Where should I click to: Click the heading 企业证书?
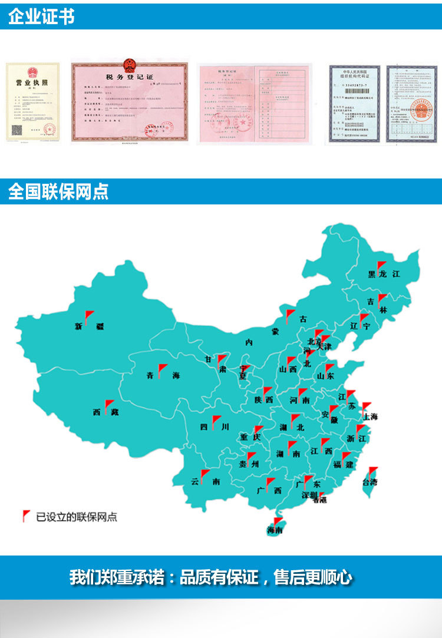[x=41, y=16]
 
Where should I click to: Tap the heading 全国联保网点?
[x=58, y=192]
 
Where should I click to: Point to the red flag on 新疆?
[x=89, y=316]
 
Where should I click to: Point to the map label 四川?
[x=212, y=428]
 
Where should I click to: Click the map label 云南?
[x=205, y=481]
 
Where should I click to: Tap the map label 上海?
[x=371, y=416]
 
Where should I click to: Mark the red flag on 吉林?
[x=382, y=299]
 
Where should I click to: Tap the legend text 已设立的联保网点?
[x=77, y=517]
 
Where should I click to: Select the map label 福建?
[x=342, y=465]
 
